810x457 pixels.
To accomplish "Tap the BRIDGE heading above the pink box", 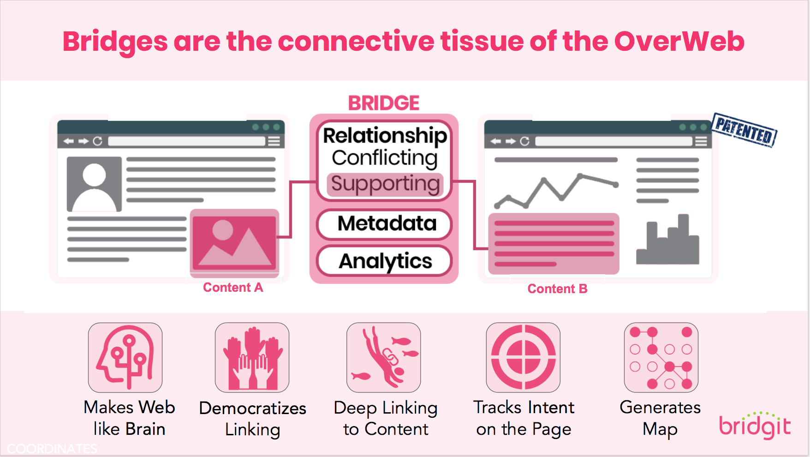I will pos(384,103).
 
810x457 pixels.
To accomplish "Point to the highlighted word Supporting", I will pos(385,184).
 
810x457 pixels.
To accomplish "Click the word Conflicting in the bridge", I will pos(385,158).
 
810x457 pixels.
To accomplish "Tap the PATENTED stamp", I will pos(744,130).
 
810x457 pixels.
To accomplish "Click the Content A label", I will pos(233,288).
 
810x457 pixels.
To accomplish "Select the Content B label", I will pos(557,289).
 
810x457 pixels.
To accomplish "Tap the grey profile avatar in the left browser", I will pos(94,184).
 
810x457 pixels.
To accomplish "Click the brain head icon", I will pos(125,357).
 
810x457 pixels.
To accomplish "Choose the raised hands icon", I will pos(252,357).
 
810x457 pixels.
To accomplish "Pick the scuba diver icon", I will pos(383,357).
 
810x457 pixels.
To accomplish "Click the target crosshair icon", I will pos(523,357).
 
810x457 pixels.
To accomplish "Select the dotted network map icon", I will pos(661,357).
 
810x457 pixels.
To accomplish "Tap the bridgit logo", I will pos(755,426).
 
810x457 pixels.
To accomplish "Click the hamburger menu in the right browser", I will pos(701,141).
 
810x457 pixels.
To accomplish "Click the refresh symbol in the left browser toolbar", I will pos(97,141).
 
